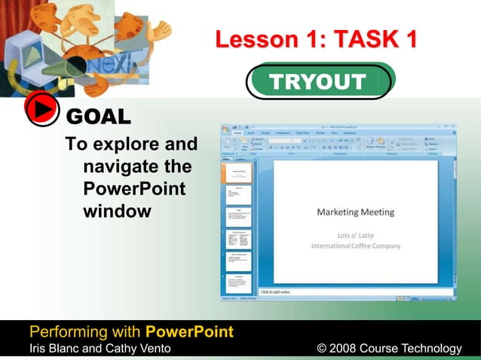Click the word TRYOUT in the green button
318,82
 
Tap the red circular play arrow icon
42,111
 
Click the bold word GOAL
99,117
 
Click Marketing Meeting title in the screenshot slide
355,212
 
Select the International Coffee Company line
355,246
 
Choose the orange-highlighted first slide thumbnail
238,172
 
